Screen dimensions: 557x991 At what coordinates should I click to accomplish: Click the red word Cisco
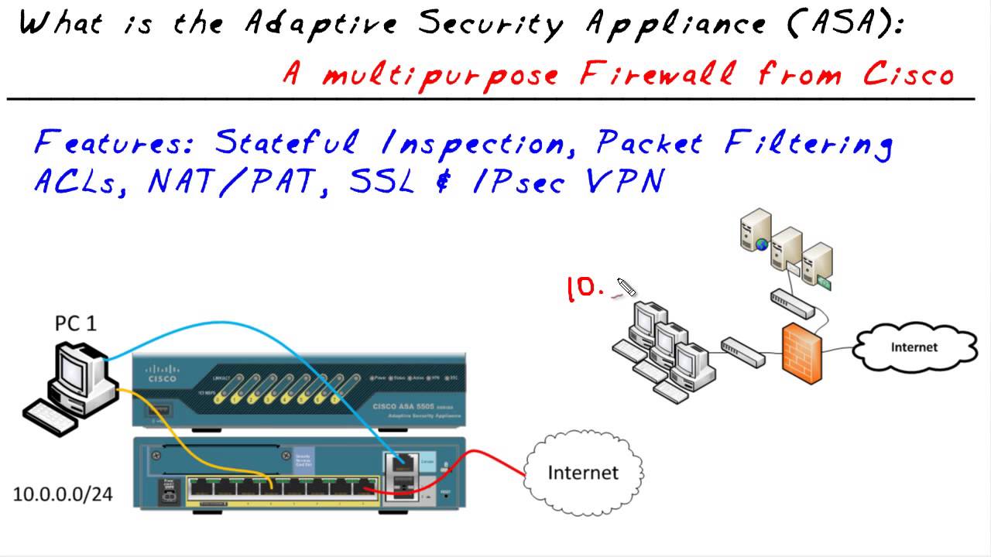pyautogui.click(x=907, y=74)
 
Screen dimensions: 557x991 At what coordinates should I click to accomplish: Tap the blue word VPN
pyautogui.click(x=625, y=181)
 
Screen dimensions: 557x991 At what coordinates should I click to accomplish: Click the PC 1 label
pyautogui.click(x=75, y=323)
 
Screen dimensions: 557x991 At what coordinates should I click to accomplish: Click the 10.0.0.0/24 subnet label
pyautogui.click(x=63, y=494)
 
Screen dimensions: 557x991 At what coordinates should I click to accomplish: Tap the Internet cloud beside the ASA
pyautogui.click(x=583, y=472)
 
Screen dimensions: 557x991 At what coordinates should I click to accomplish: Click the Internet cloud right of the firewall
pyautogui.click(x=914, y=347)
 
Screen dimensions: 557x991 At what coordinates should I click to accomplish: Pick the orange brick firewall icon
pyautogui.click(x=801, y=350)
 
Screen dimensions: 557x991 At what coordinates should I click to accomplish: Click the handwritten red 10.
pyautogui.click(x=585, y=289)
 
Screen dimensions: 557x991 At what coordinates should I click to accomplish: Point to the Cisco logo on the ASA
pyautogui.click(x=162, y=373)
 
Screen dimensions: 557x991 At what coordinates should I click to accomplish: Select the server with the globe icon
pyautogui.click(x=756, y=230)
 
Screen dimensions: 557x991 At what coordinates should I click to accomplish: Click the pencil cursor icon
pyautogui.click(x=626, y=287)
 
